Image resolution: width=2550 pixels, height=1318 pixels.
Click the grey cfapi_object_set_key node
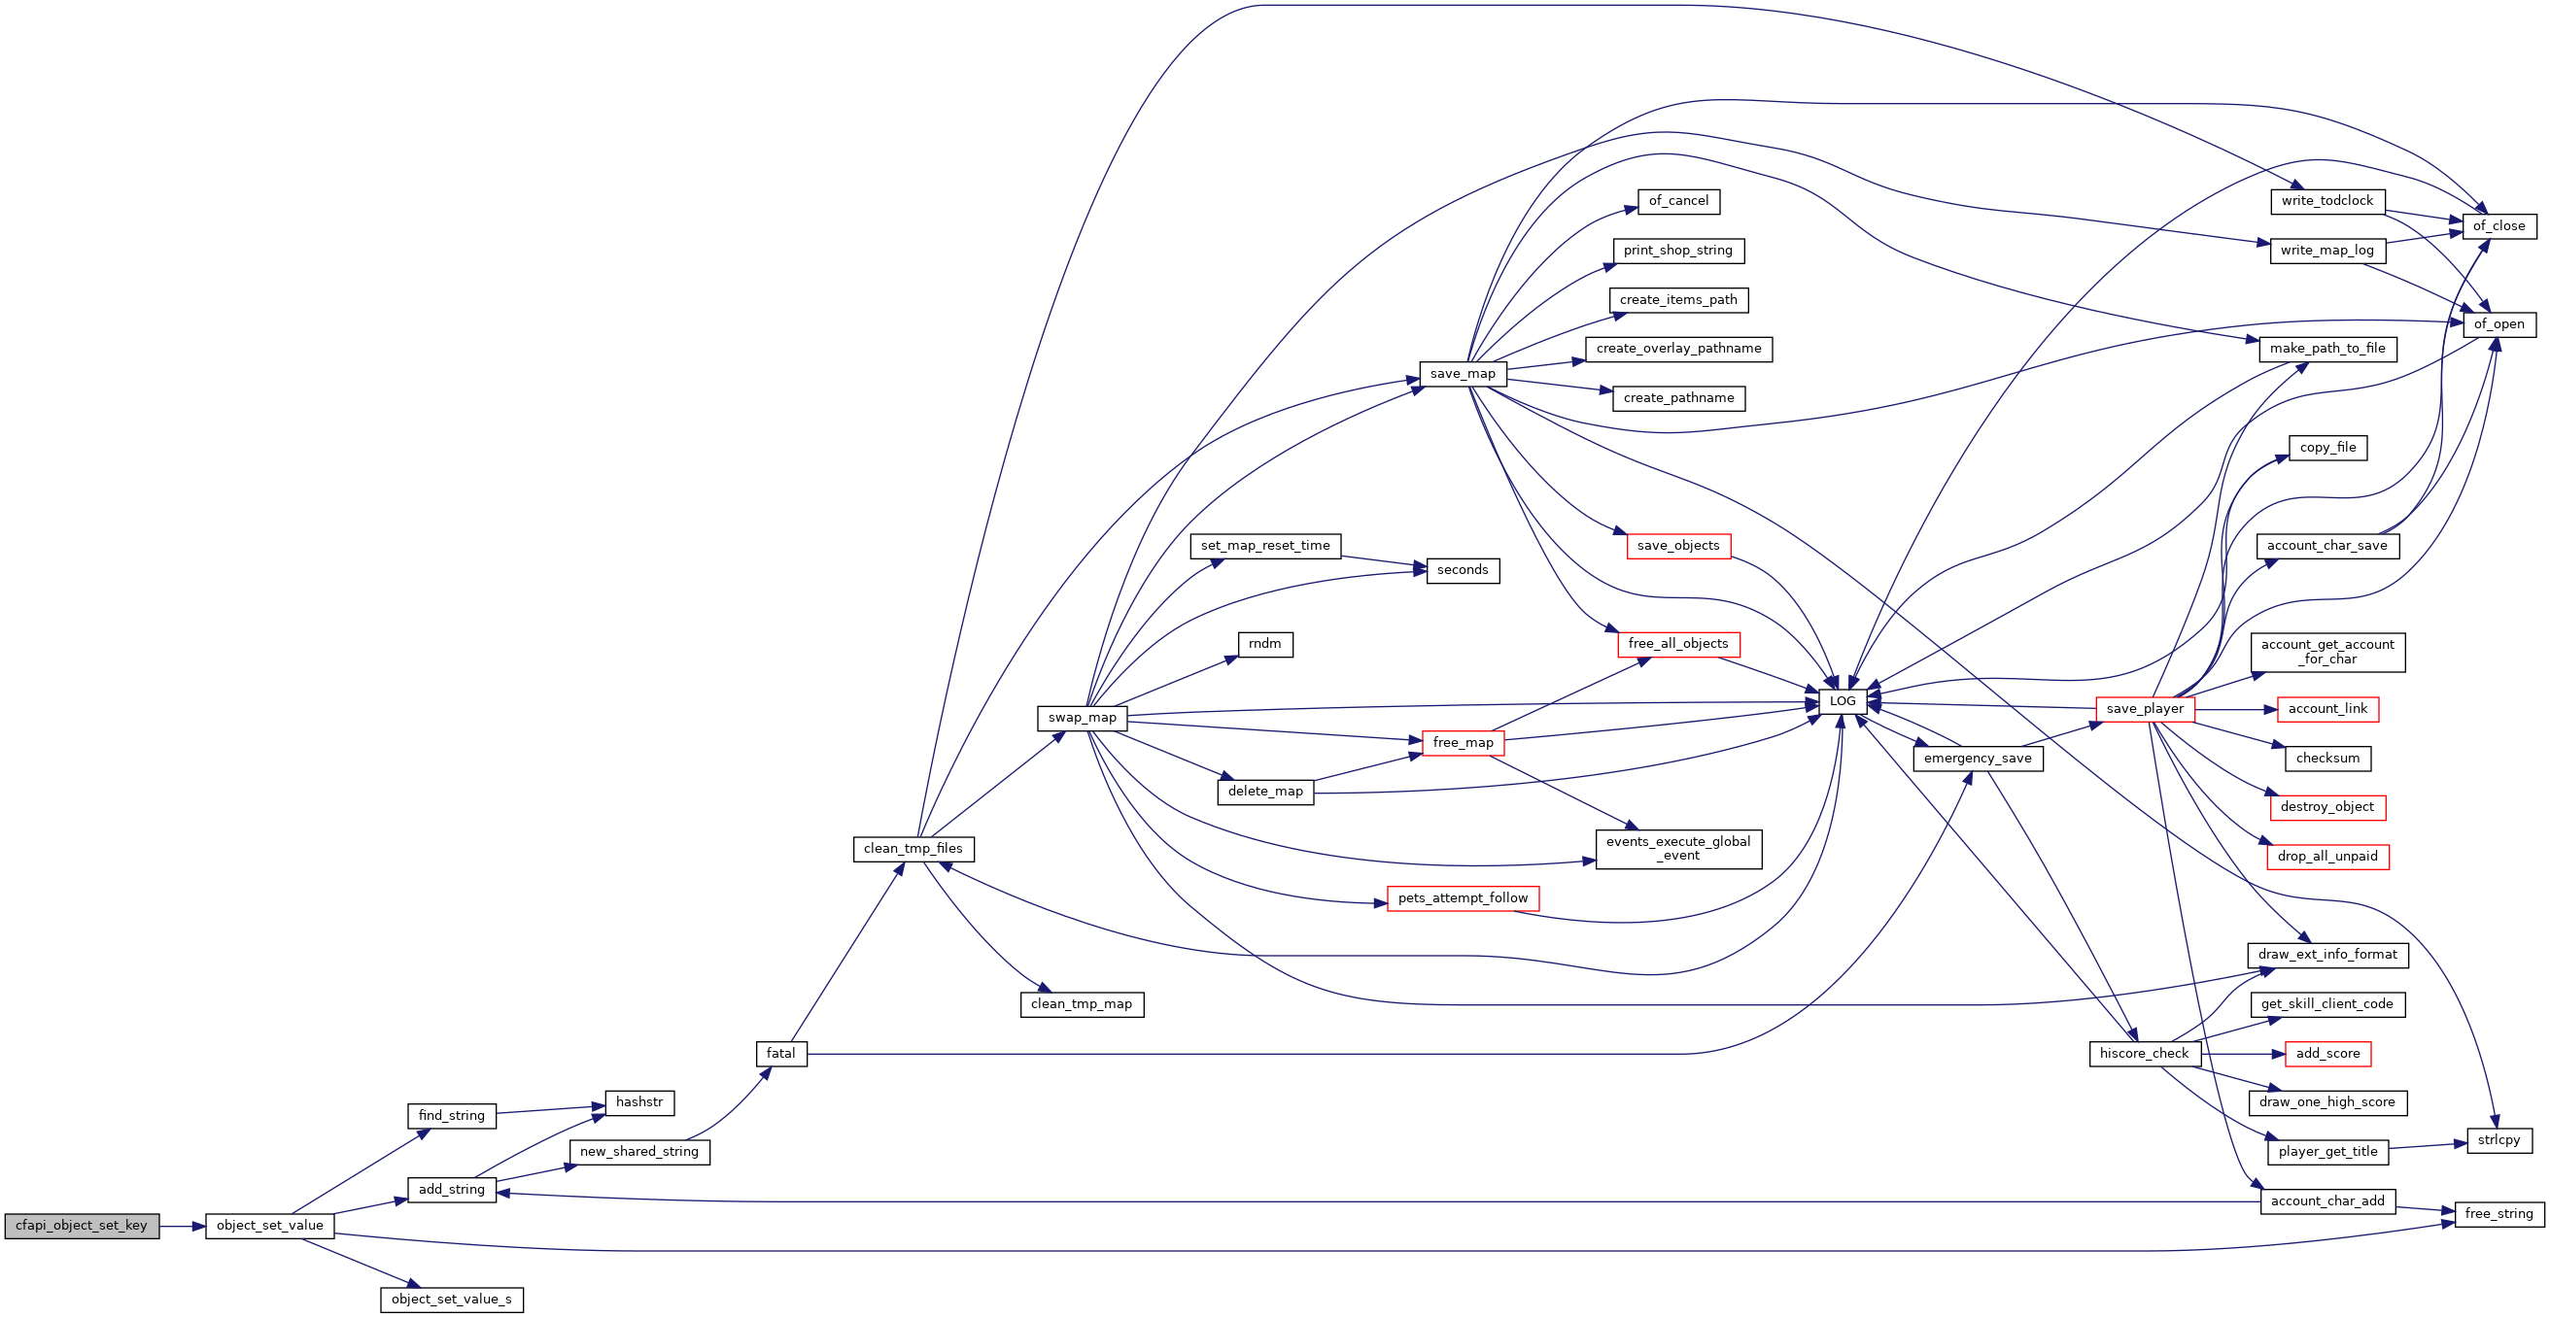point(82,1226)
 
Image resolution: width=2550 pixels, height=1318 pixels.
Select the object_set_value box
point(269,1226)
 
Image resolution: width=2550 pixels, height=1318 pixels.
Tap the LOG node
point(1843,701)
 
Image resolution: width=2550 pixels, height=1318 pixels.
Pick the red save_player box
point(2145,709)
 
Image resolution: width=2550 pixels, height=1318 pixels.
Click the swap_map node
point(1082,719)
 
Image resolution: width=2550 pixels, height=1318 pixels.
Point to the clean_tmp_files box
point(913,849)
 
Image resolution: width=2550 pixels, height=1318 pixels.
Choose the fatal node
point(781,1054)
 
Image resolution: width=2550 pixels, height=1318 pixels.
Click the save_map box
point(1464,374)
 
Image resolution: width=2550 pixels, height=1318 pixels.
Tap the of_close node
point(2499,226)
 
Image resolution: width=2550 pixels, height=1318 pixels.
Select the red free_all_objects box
point(1678,644)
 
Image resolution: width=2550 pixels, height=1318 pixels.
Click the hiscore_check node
point(2144,1054)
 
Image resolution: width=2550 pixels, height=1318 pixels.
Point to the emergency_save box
point(1978,759)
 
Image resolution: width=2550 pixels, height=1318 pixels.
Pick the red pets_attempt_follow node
point(1464,898)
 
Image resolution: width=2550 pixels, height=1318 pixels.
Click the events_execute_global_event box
point(1679,849)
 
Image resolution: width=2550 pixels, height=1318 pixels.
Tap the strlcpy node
point(2499,1140)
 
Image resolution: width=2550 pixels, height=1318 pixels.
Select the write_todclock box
point(2327,201)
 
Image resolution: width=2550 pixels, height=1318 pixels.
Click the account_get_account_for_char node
point(2327,652)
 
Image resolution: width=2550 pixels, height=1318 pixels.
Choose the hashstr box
point(639,1102)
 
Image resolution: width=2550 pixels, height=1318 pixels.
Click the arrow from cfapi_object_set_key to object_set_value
point(182,1226)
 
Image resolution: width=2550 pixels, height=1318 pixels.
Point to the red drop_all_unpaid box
point(2327,857)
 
